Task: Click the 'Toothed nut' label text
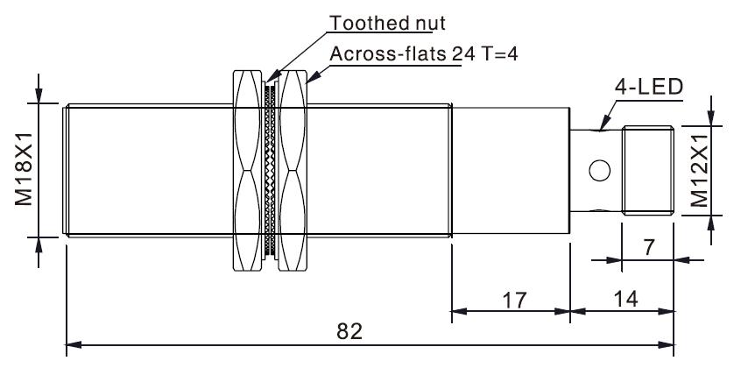[387, 23]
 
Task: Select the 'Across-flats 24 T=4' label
[424, 54]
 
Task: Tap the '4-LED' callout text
[649, 88]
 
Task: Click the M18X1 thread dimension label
[24, 169]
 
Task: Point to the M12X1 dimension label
[699, 169]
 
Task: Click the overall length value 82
[349, 331]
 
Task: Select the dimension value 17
[515, 301]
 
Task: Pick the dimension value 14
[625, 300]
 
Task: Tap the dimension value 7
[648, 248]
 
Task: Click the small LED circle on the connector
[600, 171]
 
